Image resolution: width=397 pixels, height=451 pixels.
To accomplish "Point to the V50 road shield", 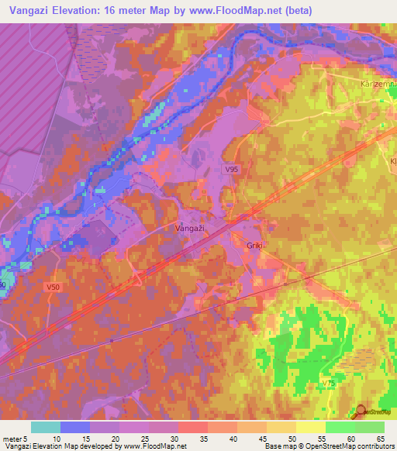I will (x=53, y=287).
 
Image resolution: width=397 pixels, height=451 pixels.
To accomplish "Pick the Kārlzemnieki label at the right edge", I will (x=379, y=84).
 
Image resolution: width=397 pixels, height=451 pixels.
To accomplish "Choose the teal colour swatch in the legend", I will (x=46, y=427).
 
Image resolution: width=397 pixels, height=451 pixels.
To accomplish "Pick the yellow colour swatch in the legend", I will (x=310, y=427).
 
